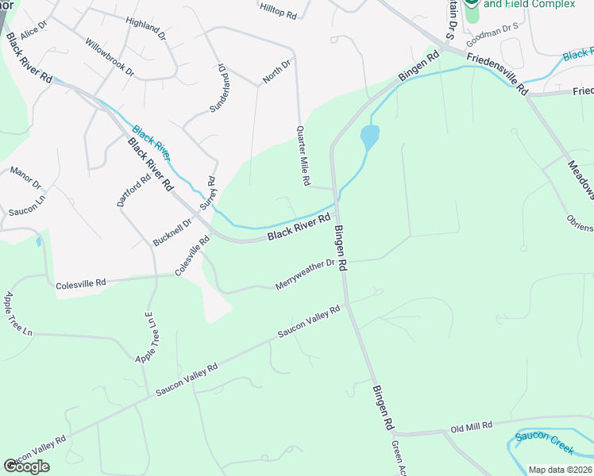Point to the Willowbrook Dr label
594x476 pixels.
click(x=110, y=57)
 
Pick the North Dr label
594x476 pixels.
click(x=277, y=71)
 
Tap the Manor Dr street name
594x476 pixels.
click(x=25, y=178)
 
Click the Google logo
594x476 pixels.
click(x=26, y=466)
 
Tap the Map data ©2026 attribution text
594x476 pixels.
click(x=560, y=470)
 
